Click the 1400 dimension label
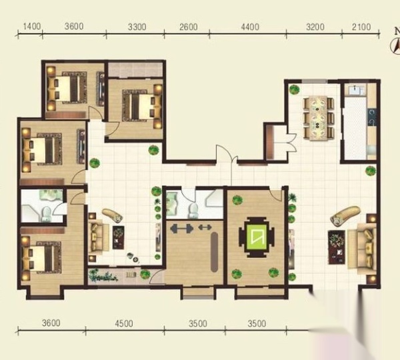tap(31, 26)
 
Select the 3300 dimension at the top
tap(137, 27)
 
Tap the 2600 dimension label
tap(188, 27)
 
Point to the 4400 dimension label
tap(250, 27)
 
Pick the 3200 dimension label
tap(315, 27)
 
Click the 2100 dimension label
tap(361, 27)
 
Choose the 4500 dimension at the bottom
tap(124, 323)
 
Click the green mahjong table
tap(257, 237)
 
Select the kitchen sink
tap(355, 89)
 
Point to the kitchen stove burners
tap(372, 117)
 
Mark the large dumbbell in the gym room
tap(181, 229)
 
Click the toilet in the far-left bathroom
tap(46, 214)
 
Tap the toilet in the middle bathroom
tap(193, 211)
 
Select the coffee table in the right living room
tap(336, 247)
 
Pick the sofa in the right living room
tap(362, 249)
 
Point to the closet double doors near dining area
tap(291, 142)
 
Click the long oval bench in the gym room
tap(214, 252)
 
